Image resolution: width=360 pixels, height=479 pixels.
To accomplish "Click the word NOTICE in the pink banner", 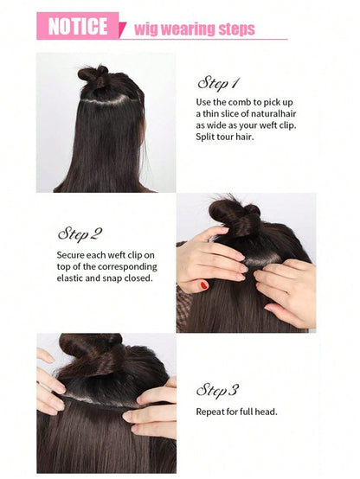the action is click(x=78, y=26).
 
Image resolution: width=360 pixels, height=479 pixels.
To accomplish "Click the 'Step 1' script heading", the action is click(x=218, y=83).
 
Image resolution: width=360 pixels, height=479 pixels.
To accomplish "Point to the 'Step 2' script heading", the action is click(x=80, y=234).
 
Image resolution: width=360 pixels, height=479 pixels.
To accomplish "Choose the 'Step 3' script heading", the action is click(x=217, y=390).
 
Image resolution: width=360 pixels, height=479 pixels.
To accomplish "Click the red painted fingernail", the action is click(x=204, y=285).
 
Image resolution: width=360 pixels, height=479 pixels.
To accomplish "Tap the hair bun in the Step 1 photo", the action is click(x=94, y=76).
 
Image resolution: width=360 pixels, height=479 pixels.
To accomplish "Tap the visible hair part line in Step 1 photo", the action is click(x=107, y=101).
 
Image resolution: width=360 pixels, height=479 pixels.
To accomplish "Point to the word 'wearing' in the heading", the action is click(x=189, y=30).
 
